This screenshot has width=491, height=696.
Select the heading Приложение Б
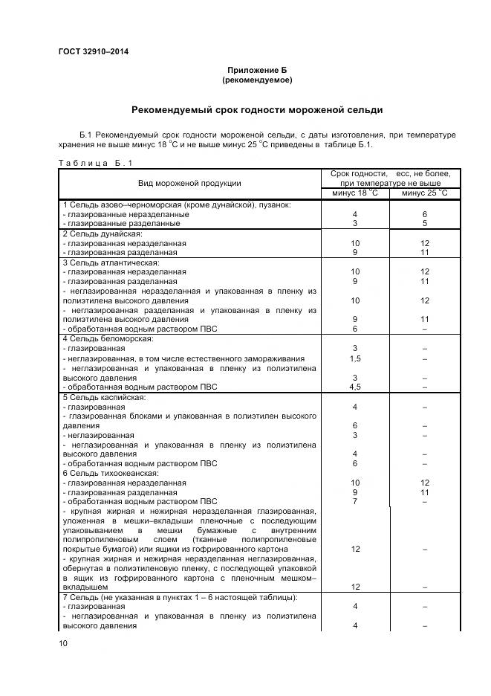(256, 69)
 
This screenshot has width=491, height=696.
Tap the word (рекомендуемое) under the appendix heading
(256, 79)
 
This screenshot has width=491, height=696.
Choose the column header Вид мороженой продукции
(189, 183)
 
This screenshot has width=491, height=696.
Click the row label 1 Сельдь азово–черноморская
(177, 204)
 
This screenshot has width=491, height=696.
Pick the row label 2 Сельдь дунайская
(97, 233)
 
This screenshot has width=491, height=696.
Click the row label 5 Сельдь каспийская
(102, 398)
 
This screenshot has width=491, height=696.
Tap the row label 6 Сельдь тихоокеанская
(109, 474)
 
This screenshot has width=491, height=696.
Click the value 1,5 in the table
(355, 358)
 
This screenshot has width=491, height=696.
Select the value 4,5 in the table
(355, 387)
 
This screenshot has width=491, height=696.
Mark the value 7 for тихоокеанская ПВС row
(355, 502)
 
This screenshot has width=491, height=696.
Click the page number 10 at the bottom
(63, 644)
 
